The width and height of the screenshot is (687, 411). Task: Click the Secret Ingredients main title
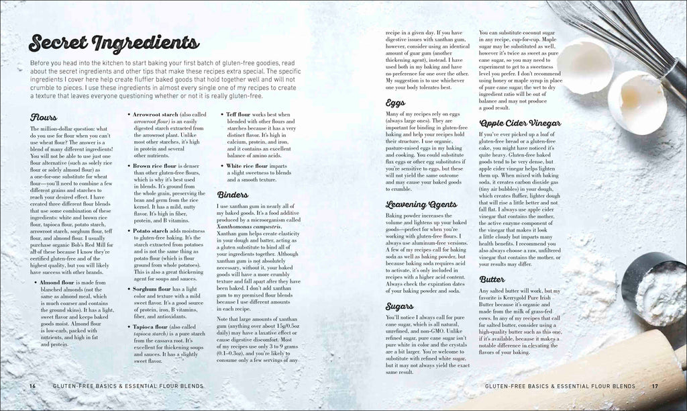tap(113, 44)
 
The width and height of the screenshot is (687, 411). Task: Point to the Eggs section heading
tap(394, 103)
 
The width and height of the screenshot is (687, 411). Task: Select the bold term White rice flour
tap(250, 165)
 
